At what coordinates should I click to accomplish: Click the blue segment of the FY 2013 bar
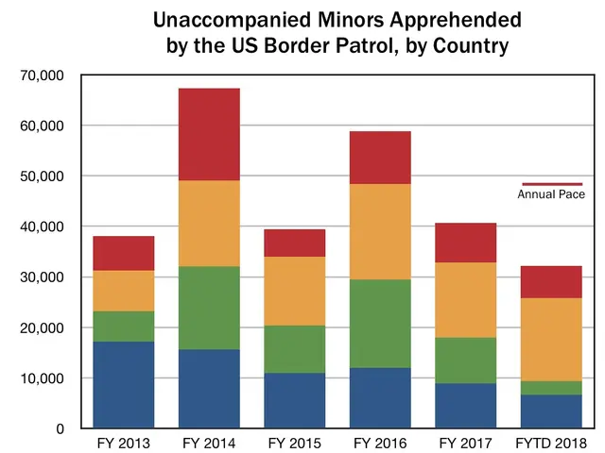[x=123, y=385]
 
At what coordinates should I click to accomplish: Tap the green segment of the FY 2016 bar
[x=379, y=324]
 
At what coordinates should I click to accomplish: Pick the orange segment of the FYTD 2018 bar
[x=550, y=340]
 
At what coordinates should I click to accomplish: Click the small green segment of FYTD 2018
[x=550, y=388]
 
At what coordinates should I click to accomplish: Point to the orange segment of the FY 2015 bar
[x=294, y=291]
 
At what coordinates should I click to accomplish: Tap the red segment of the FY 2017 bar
[x=465, y=243]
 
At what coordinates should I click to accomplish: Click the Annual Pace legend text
[x=551, y=194]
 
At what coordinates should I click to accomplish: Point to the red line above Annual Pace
[x=552, y=183]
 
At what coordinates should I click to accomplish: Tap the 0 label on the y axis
[x=59, y=428]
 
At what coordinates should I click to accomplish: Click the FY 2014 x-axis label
[x=208, y=443]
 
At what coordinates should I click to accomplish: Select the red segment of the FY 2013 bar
[x=123, y=253]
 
